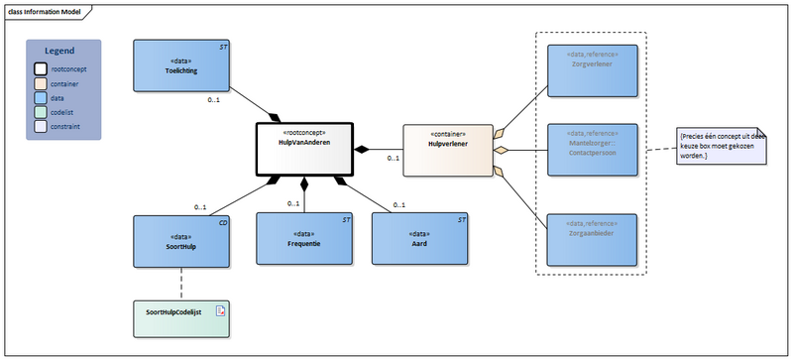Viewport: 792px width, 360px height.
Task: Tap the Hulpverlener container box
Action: [447, 150]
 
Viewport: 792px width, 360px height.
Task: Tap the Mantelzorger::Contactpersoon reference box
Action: [593, 150]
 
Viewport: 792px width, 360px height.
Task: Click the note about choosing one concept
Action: [723, 144]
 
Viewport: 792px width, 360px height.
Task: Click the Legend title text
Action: [62, 50]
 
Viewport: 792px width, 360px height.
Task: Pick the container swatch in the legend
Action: [42, 84]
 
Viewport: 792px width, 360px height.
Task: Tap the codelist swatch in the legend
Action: [42, 113]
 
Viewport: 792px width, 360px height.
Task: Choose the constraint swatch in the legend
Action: [42, 127]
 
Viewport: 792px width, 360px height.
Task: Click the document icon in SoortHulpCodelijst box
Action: [220, 310]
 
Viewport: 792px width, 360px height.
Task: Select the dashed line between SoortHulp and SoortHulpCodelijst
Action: [181, 283]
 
